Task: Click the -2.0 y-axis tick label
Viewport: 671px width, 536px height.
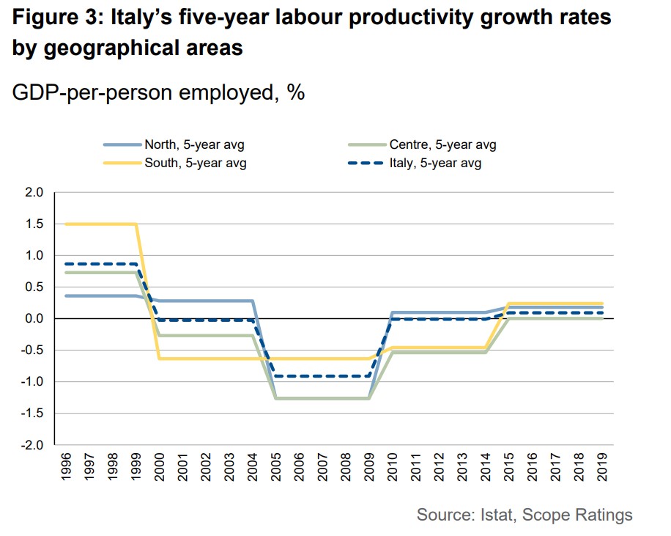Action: tap(34, 445)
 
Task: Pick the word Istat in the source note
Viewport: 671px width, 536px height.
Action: tap(494, 515)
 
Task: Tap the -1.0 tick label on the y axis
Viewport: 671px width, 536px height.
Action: tap(34, 382)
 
